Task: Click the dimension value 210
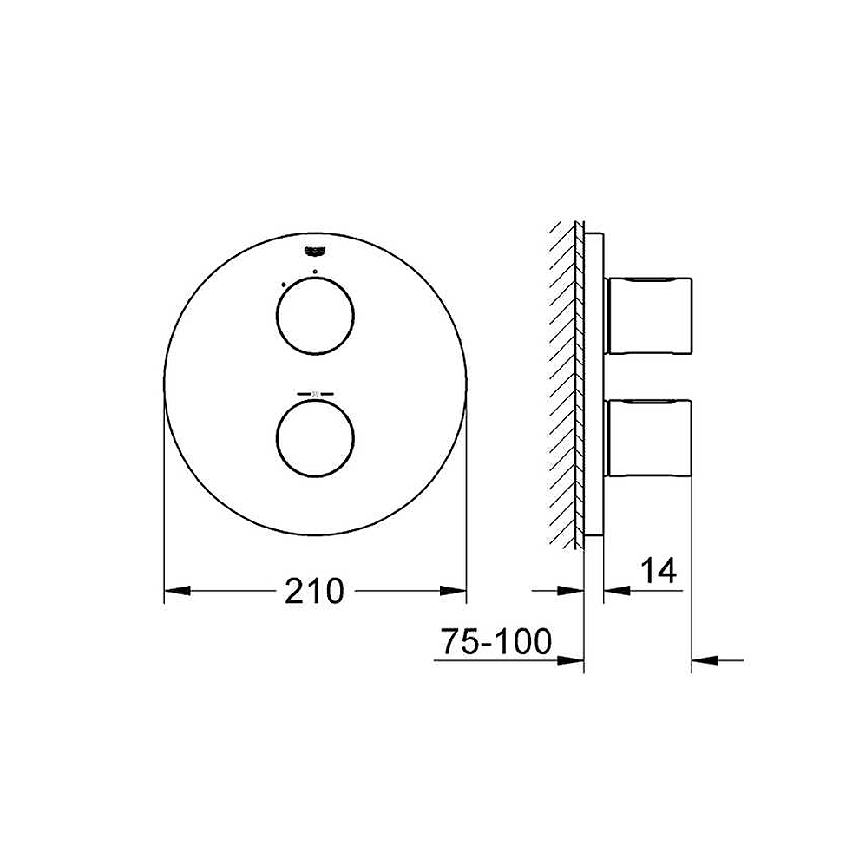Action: coord(315,592)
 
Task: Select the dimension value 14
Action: coord(658,571)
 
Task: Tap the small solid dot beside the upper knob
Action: coord(283,284)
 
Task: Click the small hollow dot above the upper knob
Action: coord(315,272)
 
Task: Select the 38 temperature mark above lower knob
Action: coord(315,395)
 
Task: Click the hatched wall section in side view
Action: coord(565,382)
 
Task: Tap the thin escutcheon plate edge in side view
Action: coord(593,382)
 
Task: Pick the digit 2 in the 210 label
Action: coord(295,592)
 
